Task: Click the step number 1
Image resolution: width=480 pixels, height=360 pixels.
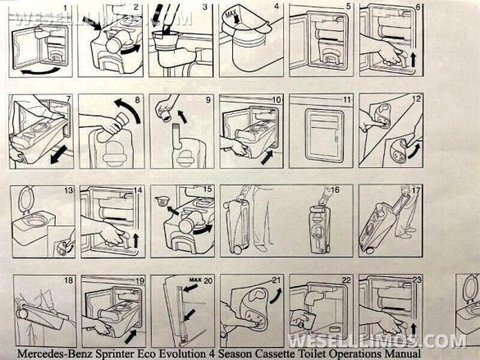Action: (x=65, y=7)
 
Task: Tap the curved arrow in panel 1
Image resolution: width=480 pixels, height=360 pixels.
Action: (x=40, y=72)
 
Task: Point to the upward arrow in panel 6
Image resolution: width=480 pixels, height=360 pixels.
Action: (x=414, y=60)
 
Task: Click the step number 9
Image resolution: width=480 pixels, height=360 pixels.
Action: (x=208, y=100)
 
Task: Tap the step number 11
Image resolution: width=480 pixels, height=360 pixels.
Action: (x=346, y=100)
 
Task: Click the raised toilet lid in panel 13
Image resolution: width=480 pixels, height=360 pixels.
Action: (x=24, y=198)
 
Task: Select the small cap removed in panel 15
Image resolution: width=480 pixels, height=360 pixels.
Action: (x=162, y=202)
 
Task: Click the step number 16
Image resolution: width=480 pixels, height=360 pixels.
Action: (x=335, y=190)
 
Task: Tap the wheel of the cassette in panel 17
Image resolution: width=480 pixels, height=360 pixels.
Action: (x=369, y=249)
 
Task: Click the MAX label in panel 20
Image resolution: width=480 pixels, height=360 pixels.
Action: (x=195, y=280)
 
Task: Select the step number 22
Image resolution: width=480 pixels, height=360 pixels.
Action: (x=346, y=280)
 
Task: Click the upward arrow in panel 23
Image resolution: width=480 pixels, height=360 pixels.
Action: (x=414, y=329)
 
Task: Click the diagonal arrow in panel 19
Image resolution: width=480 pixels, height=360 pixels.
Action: (x=131, y=336)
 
